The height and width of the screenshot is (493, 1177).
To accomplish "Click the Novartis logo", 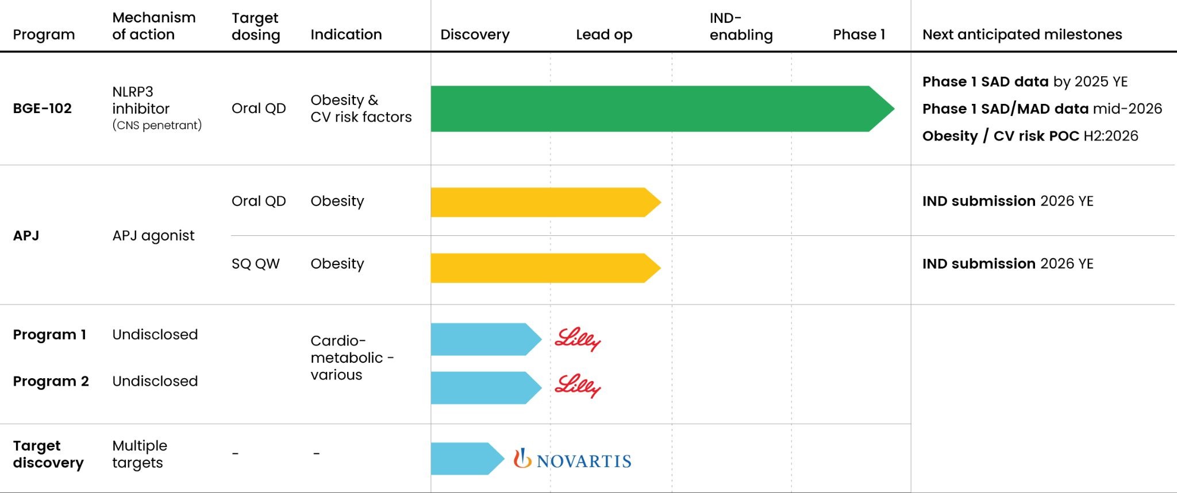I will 572,459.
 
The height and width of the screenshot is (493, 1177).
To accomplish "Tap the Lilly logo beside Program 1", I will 578,339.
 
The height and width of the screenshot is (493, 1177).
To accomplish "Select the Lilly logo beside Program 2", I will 578,386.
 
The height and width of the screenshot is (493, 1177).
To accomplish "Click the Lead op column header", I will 604,34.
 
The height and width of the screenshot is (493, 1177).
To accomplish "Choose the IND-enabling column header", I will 741,26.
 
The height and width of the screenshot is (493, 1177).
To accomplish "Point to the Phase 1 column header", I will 859,34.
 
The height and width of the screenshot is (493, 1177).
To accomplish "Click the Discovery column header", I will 475,34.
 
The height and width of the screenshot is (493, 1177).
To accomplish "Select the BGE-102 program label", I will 43,108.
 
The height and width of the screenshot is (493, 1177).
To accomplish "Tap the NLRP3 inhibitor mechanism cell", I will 141,108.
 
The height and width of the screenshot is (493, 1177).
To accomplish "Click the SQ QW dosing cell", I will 256,263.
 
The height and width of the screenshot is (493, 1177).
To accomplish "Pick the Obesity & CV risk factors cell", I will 361,108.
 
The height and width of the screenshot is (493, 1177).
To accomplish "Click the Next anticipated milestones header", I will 1022,34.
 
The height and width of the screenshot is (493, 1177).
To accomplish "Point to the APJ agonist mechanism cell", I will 153,235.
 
